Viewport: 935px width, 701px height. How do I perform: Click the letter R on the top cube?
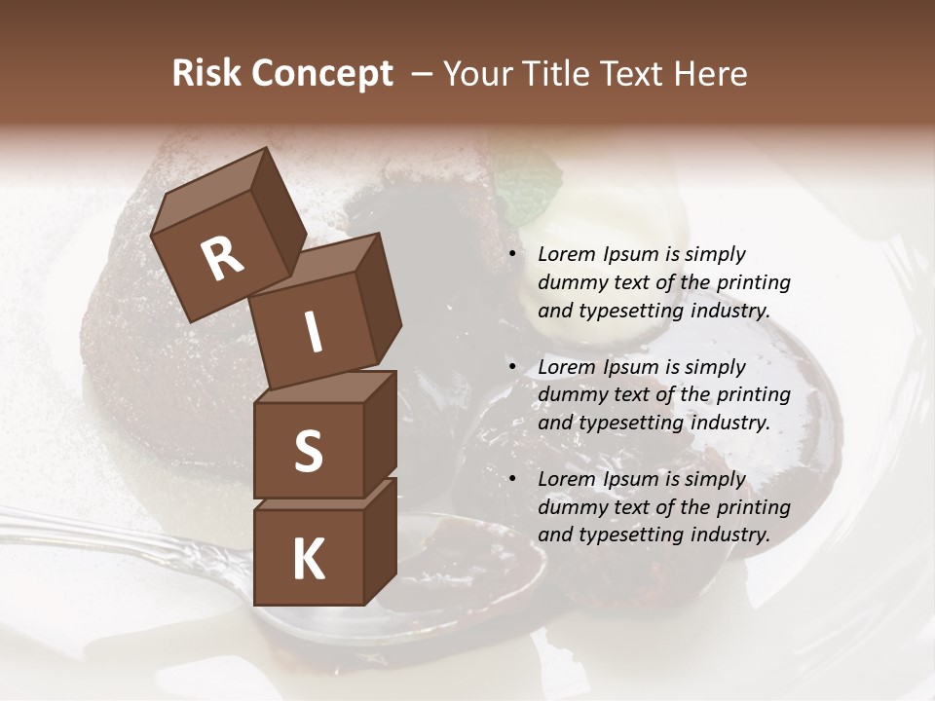point(222,258)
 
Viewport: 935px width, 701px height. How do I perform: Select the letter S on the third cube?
point(308,451)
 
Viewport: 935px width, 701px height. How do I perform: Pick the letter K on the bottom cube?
point(308,559)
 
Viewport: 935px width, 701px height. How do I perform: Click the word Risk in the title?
point(206,74)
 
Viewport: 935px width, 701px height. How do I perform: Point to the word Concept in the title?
point(320,75)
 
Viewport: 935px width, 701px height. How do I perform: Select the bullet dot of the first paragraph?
point(512,255)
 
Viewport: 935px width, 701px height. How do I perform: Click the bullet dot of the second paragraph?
point(512,368)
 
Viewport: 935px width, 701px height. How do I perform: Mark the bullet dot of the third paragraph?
point(512,480)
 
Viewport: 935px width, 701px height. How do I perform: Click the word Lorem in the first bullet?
point(566,255)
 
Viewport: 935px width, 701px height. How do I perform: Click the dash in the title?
point(423,75)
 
